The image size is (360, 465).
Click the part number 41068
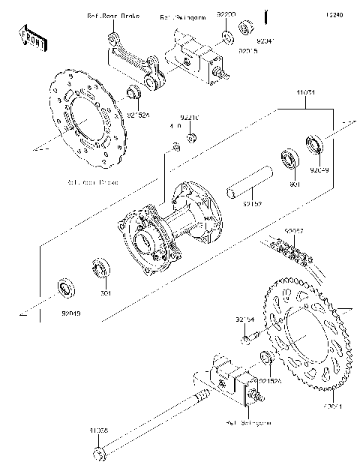point(100,430)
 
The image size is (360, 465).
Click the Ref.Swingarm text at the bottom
point(248,423)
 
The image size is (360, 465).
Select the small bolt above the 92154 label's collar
point(247,339)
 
